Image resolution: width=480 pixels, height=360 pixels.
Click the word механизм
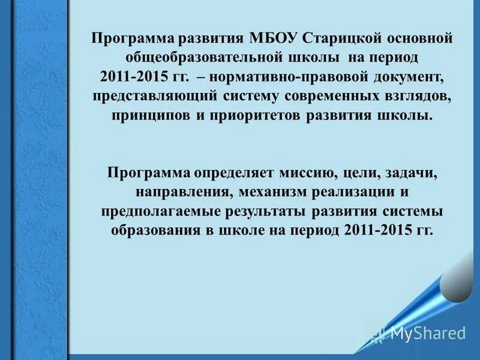pyautogui.click(x=278, y=192)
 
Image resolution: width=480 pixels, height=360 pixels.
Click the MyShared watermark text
pyautogui.click(x=427, y=333)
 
